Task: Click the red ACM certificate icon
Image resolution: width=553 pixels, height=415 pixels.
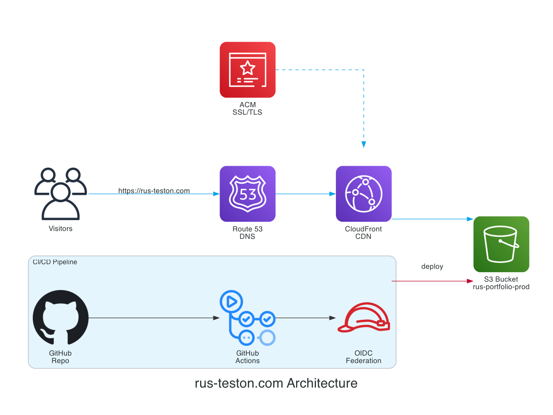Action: tap(247, 70)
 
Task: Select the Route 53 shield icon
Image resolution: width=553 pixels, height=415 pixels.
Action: tap(247, 194)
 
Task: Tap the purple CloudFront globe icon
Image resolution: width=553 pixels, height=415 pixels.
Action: tap(363, 194)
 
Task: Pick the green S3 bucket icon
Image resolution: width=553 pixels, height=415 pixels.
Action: tap(501, 244)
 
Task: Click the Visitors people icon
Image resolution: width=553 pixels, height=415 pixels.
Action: tap(61, 194)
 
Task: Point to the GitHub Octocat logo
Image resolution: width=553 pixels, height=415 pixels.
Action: tap(61, 317)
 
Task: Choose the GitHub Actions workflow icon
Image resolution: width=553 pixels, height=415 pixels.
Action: tap(247, 317)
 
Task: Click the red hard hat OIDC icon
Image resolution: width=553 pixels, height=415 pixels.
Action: tap(364, 318)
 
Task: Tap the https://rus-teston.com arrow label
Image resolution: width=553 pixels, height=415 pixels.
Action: tap(154, 191)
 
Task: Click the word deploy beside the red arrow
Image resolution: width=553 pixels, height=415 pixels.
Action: tap(432, 266)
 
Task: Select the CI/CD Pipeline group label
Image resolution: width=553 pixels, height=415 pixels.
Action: tap(55, 262)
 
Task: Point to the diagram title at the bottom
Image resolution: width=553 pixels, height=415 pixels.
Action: tap(276, 383)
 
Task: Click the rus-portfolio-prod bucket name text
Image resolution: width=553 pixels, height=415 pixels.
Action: tap(501, 287)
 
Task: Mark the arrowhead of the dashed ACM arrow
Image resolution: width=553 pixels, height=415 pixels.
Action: tap(364, 145)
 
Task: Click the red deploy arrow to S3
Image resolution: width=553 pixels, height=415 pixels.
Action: tap(432, 281)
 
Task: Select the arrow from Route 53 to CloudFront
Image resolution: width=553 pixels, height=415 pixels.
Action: tap(306, 194)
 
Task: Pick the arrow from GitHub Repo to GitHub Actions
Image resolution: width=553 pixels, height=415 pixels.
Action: tap(154, 318)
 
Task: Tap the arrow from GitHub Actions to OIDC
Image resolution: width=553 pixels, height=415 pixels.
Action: tap(306, 318)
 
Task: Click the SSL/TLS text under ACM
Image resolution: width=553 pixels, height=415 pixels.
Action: tap(247, 112)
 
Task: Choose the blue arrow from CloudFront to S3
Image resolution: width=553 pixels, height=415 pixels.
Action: tap(432, 219)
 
